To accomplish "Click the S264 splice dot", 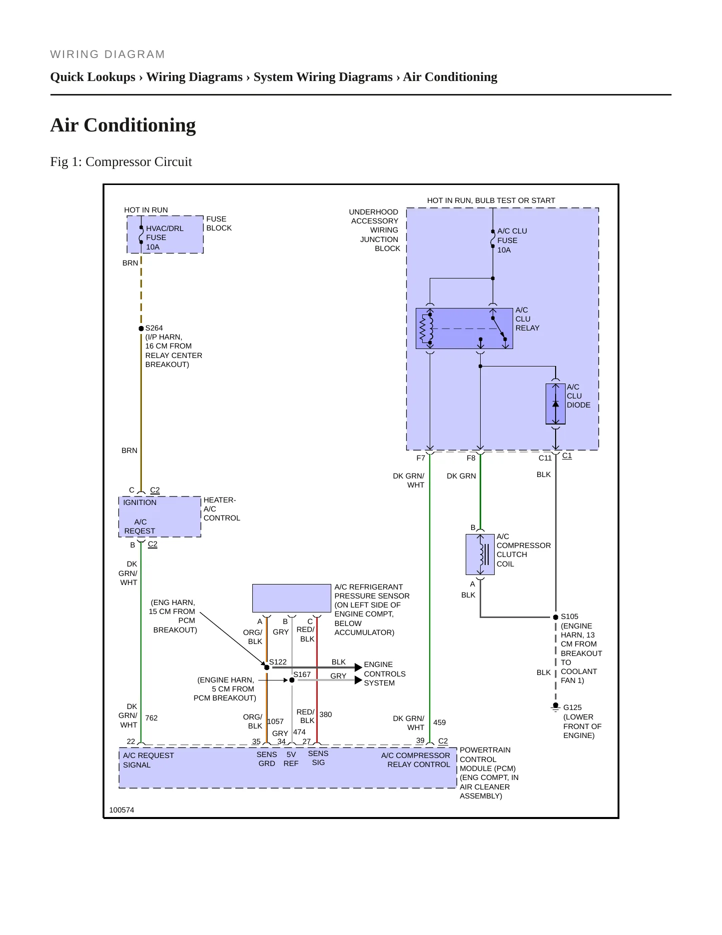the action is tap(141, 328).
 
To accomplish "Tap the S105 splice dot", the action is tap(556, 617).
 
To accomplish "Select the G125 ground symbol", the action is tap(556, 707).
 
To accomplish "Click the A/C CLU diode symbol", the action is tap(556, 404).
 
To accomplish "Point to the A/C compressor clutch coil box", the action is tap(480, 554).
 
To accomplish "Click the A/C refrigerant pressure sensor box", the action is tap(292, 598).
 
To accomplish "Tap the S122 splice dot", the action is tap(267, 667).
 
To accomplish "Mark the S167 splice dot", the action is tap(292, 680).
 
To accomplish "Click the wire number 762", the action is tap(151, 718).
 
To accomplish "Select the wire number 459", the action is tap(440, 722).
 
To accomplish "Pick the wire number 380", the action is tap(326, 714).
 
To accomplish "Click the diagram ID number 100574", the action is tap(122, 810).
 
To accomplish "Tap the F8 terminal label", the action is tap(471, 458).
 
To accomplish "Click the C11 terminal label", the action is tap(545, 458).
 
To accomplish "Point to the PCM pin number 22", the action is tap(131, 741).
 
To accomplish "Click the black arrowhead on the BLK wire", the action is tap(358, 667).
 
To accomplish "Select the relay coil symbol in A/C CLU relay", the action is tap(426, 328).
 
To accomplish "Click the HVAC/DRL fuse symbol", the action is tap(141, 234).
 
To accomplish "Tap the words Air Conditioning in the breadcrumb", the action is tap(450, 77).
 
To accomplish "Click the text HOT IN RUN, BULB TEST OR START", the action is tap(491, 200).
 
